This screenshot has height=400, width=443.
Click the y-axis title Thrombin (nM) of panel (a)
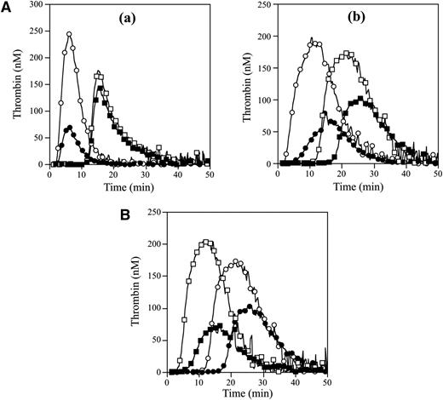click(x=10, y=85)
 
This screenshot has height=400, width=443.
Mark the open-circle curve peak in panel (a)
click(x=69, y=35)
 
